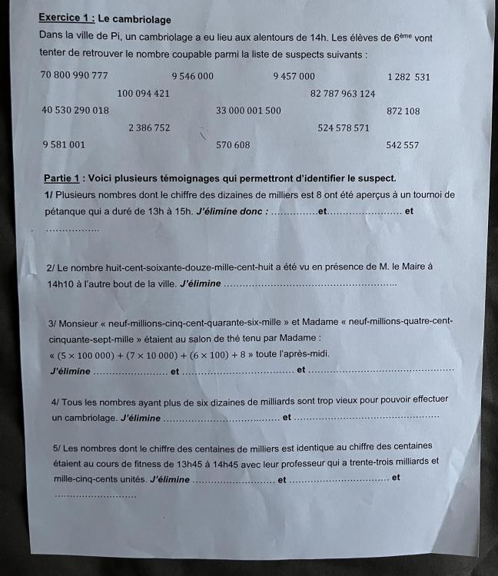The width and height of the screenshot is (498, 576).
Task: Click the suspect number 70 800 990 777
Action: tap(75, 76)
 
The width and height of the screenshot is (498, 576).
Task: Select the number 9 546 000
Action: tap(192, 76)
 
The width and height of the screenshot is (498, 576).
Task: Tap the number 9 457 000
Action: tap(294, 76)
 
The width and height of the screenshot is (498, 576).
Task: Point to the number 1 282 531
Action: tap(409, 77)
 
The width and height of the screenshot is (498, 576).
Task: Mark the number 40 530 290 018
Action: tap(75, 111)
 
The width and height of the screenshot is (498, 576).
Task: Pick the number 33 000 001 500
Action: tap(248, 111)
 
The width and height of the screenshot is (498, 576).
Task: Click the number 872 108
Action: tap(403, 111)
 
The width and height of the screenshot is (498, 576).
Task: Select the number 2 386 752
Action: tap(150, 127)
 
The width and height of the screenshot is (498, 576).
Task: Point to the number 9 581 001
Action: tap(64, 144)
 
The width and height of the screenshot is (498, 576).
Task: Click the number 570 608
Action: tap(233, 144)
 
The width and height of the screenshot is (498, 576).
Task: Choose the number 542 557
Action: tap(403, 144)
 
